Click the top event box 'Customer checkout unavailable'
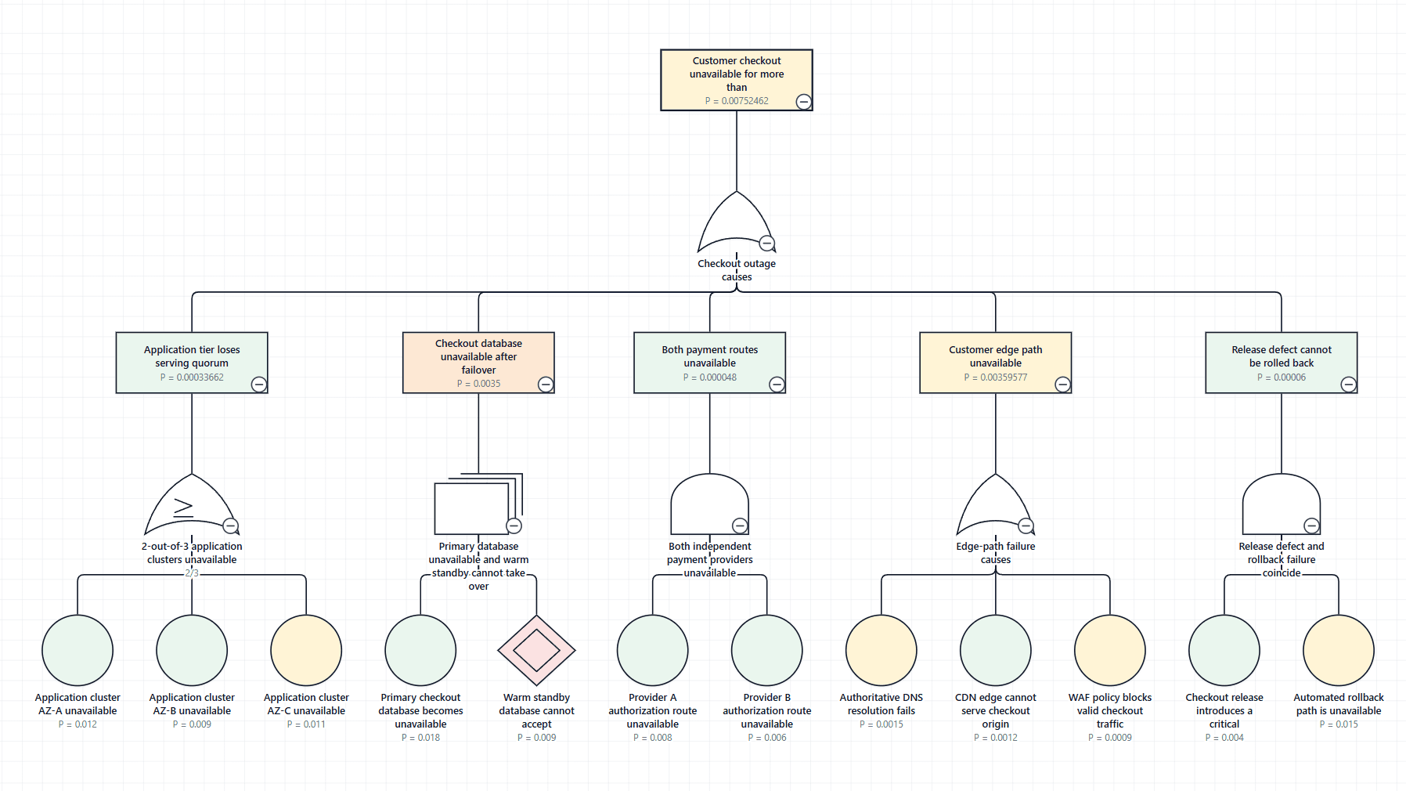coord(736,80)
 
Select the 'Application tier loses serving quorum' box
coord(192,363)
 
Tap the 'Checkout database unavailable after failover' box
coord(478,363)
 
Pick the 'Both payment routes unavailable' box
coord(709,363)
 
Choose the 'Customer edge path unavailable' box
coord(995,363)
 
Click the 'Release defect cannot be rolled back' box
coord(1282,363)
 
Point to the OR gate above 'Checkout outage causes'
coord(737,222)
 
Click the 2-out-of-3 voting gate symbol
coord(192,504)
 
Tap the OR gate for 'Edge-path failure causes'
coord(996,504)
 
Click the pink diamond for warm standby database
coord(537,650)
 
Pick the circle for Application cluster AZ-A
coord(78,650)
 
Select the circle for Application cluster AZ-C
coord(306,650)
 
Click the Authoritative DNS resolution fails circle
coord(881,650)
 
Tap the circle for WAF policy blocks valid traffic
coord(1110,650)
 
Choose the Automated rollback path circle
coord(1339,650)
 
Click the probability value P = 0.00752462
coord(737,101)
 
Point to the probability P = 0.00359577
coord(996,377)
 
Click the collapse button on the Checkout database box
coord(546,384)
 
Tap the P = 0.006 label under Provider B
coord(767,738)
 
